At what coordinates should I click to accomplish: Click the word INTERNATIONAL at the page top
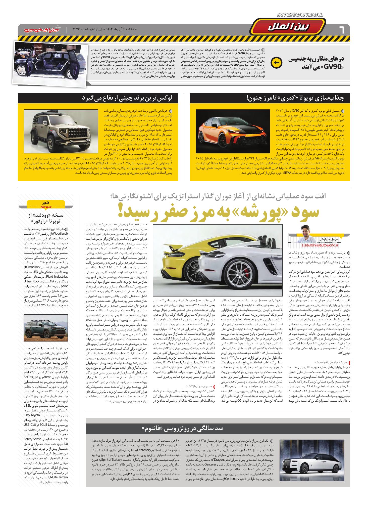coord(300,15)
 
